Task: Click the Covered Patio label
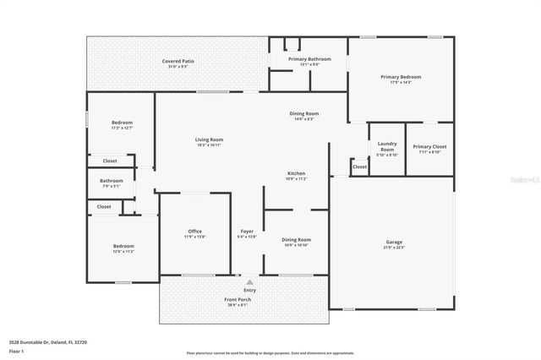point(178,62)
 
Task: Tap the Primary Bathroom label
point(309,59)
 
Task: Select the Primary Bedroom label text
point(400,77)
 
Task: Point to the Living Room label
point(209,139)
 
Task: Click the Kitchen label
point(296,173)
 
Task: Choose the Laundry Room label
point(386,146)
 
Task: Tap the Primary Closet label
point(429,146)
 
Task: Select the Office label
point(194,231)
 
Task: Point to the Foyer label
point(247,231)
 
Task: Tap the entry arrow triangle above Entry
point(249,282)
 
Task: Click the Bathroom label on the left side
point(112,180)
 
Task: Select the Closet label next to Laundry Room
point(359,166)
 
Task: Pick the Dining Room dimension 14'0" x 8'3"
point(304,119)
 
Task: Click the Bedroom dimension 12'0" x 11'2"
point(123,252)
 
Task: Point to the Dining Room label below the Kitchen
point(296,239)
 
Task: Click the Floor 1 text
point(17,350)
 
